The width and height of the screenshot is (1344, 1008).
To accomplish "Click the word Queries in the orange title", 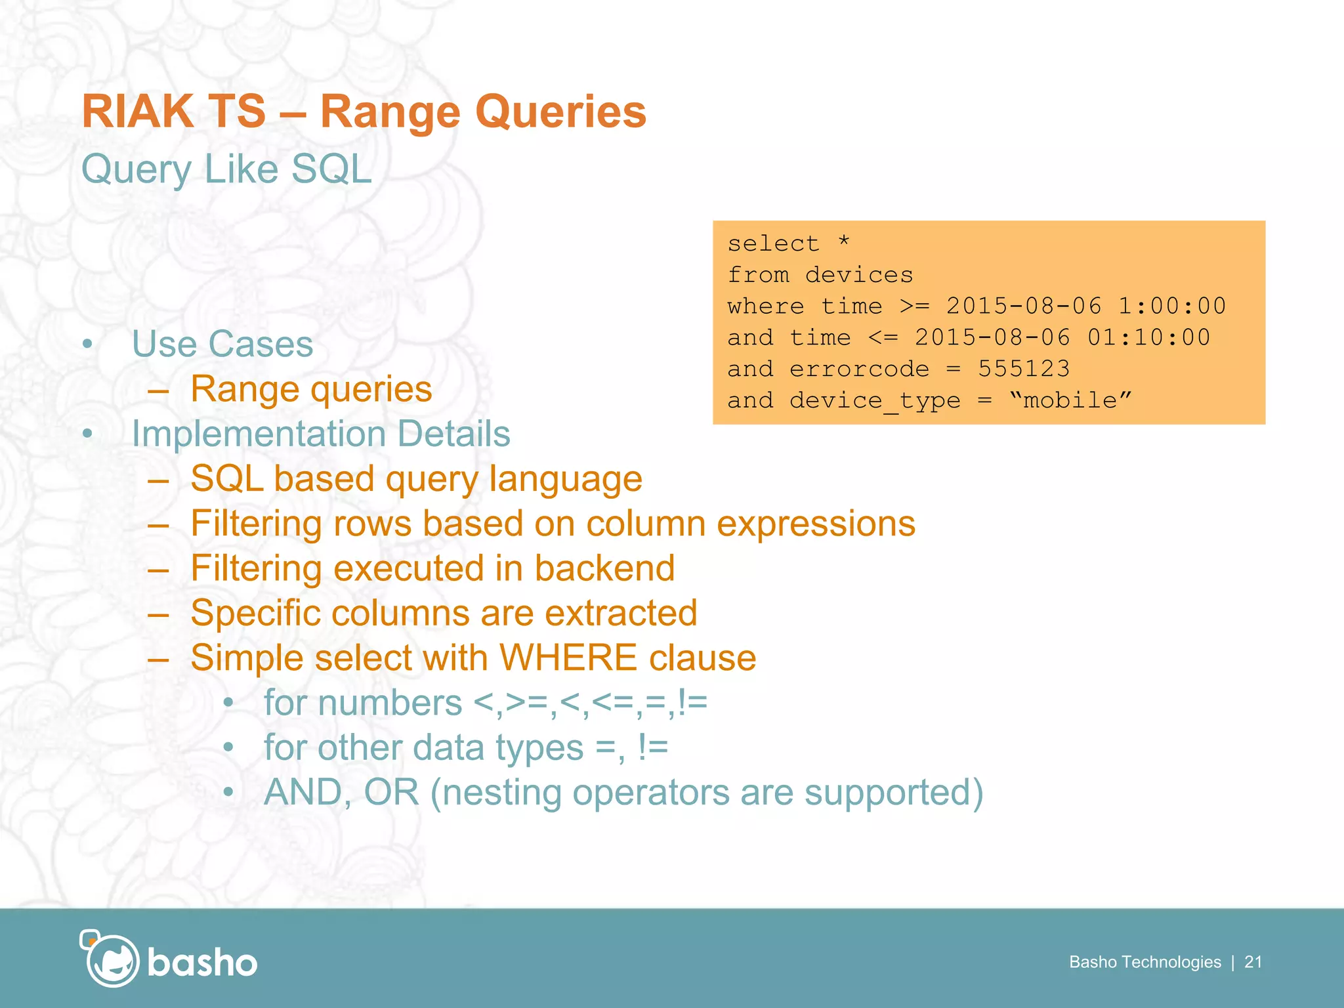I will [560, 112].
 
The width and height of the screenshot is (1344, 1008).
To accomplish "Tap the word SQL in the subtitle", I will [331, 169].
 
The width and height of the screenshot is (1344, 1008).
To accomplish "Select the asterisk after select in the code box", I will [844, 241].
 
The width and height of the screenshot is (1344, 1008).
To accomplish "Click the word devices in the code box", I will [859, 275].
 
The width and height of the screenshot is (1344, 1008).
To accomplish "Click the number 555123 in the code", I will [1024, 369].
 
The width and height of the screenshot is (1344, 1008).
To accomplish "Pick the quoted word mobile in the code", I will [1070, 400].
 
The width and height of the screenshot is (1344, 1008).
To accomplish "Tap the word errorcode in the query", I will [859, 369].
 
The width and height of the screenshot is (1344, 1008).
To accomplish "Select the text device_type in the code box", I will [875, 400].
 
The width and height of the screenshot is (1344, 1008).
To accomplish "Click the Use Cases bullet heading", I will [222, 344].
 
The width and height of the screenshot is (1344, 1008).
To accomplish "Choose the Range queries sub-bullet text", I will [311, 389].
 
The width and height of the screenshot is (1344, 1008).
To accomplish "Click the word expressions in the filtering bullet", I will [815, 524].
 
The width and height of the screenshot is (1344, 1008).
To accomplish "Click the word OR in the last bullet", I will [391, 792].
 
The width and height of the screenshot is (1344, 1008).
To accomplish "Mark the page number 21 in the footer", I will [1253, 962].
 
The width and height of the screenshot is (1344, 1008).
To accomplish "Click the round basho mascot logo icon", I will [111, 959].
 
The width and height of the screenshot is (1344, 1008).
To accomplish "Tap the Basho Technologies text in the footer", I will [1144, 962].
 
